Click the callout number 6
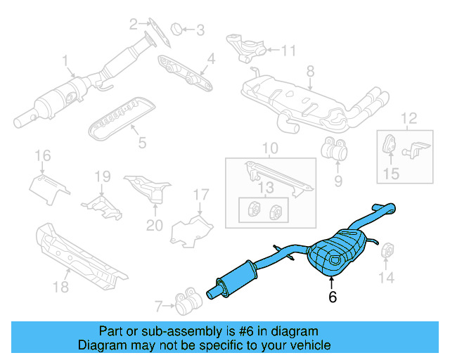point(333,297)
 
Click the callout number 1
point(65,61)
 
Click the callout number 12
point(409,117)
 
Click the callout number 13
point(264,187)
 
